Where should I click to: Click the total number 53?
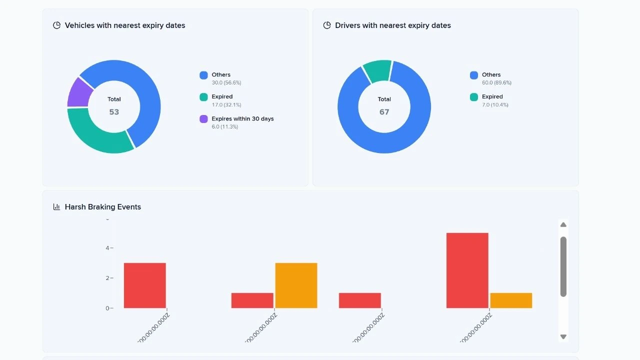tap(114, 112)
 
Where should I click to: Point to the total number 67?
tap(384, 112)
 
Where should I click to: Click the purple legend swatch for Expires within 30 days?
tap(203, 119)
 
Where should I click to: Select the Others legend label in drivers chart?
tap(491, 74)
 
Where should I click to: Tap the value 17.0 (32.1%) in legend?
tap(226, 105)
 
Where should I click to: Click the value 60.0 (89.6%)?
tap(496, 83)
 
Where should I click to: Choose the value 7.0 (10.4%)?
tap(495, 105)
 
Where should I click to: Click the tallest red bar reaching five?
tap(467, 270)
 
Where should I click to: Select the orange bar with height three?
tap(296, 285)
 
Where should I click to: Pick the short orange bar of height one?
tap(511, 300)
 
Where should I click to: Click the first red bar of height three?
tap(145, 285)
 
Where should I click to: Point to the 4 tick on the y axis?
tap(107, 248)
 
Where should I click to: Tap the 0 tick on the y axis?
tap(107, 308)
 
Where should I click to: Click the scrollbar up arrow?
tap(563, 225)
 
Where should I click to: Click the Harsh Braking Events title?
tap(102, 207)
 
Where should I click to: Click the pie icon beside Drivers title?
tap(327, 25)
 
